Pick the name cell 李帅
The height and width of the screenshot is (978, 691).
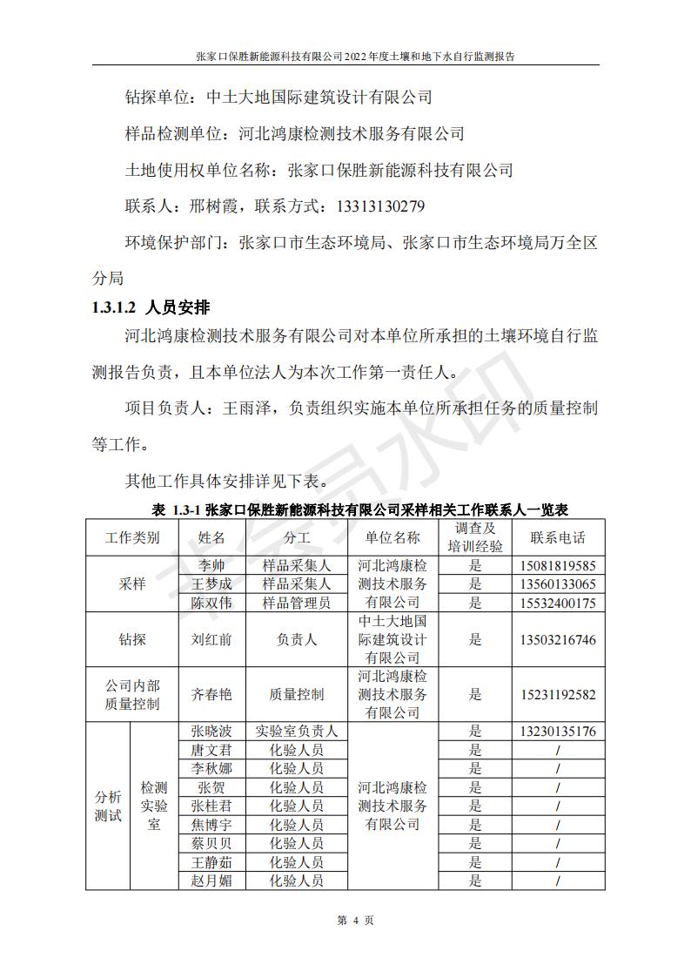(x=211, y=566)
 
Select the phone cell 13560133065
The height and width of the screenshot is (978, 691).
(x=558, y=584)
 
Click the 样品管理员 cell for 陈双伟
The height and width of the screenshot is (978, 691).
(x=297, y=603)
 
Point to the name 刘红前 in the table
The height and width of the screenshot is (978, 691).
(x=211, y=639)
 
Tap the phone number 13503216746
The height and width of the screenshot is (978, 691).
(x=558, y=639)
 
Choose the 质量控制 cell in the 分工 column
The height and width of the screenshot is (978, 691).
(x=297, y=694)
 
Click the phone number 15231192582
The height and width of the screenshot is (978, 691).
(x=558, y=694)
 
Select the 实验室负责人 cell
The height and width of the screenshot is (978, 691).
(x=297, y=732)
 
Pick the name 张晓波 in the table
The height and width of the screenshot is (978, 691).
(x=211, y=732)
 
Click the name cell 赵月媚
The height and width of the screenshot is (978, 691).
(x=211, y=880)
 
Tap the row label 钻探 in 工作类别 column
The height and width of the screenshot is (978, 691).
(x=132, y=639)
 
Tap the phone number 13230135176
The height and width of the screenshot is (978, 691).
(x=558, y=732)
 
